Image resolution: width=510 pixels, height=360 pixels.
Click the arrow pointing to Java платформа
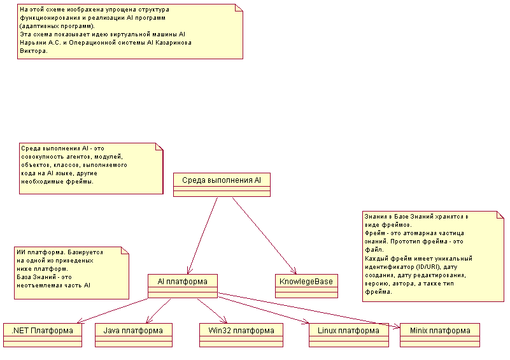159,310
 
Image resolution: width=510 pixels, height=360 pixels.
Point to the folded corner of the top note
239,8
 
